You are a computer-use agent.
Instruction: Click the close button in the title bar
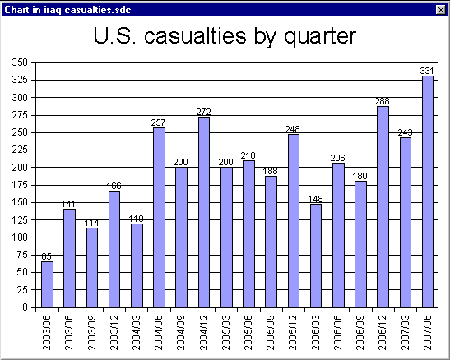pyautogui.click(x=440, y=10)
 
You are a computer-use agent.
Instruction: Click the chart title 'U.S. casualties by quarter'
pyautogui.click(x=225, y=36)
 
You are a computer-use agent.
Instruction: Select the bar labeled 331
pyautogui.click(x=428, y=192)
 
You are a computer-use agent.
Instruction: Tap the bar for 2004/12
pyautogui.click(x=204, y=212)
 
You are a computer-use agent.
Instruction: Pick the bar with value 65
pyautogui.click(x=47, y=284)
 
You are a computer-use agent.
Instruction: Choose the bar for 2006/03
pyautogui.click(x=316, y=256)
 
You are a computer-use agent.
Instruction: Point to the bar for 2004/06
pyautogui.click(x=159, y=218)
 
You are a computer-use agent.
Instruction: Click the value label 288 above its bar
pyautogui.click(x=382, y=101)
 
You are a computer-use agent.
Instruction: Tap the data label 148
pyautogui.click(x=315, y=199)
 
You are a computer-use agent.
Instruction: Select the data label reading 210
pyautogui.click(x=248, y=155)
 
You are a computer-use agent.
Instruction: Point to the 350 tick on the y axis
pyautogui.click(x=20, y=62)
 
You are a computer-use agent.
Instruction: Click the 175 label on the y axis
pyautogui.click(x=20, y=185)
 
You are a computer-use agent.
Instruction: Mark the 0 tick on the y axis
pyautogui.click(x=25, y=307)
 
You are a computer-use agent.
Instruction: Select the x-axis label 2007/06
pyautogui.click(x=427, y=333)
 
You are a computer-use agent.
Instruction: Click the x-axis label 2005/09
pyautogui.click(x=271, y=333)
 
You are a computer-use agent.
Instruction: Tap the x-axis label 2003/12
pyautogui.click(x=114, y=333)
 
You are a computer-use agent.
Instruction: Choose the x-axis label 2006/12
pyautogui.click(x=383, y=333)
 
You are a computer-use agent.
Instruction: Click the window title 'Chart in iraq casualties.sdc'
pyautogui.click(x=67, y=10)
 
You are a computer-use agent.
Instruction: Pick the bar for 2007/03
pyautogui.click(x=406, y=223)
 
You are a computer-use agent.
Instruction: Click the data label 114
pyautogui.click(x=91, y=223)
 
